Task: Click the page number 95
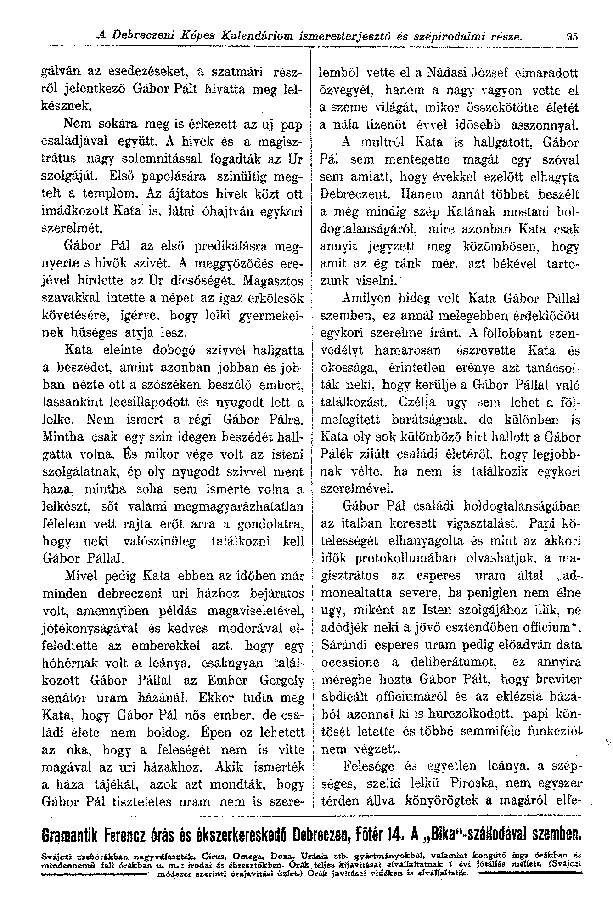[571, 35]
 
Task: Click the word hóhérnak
[70, 663]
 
